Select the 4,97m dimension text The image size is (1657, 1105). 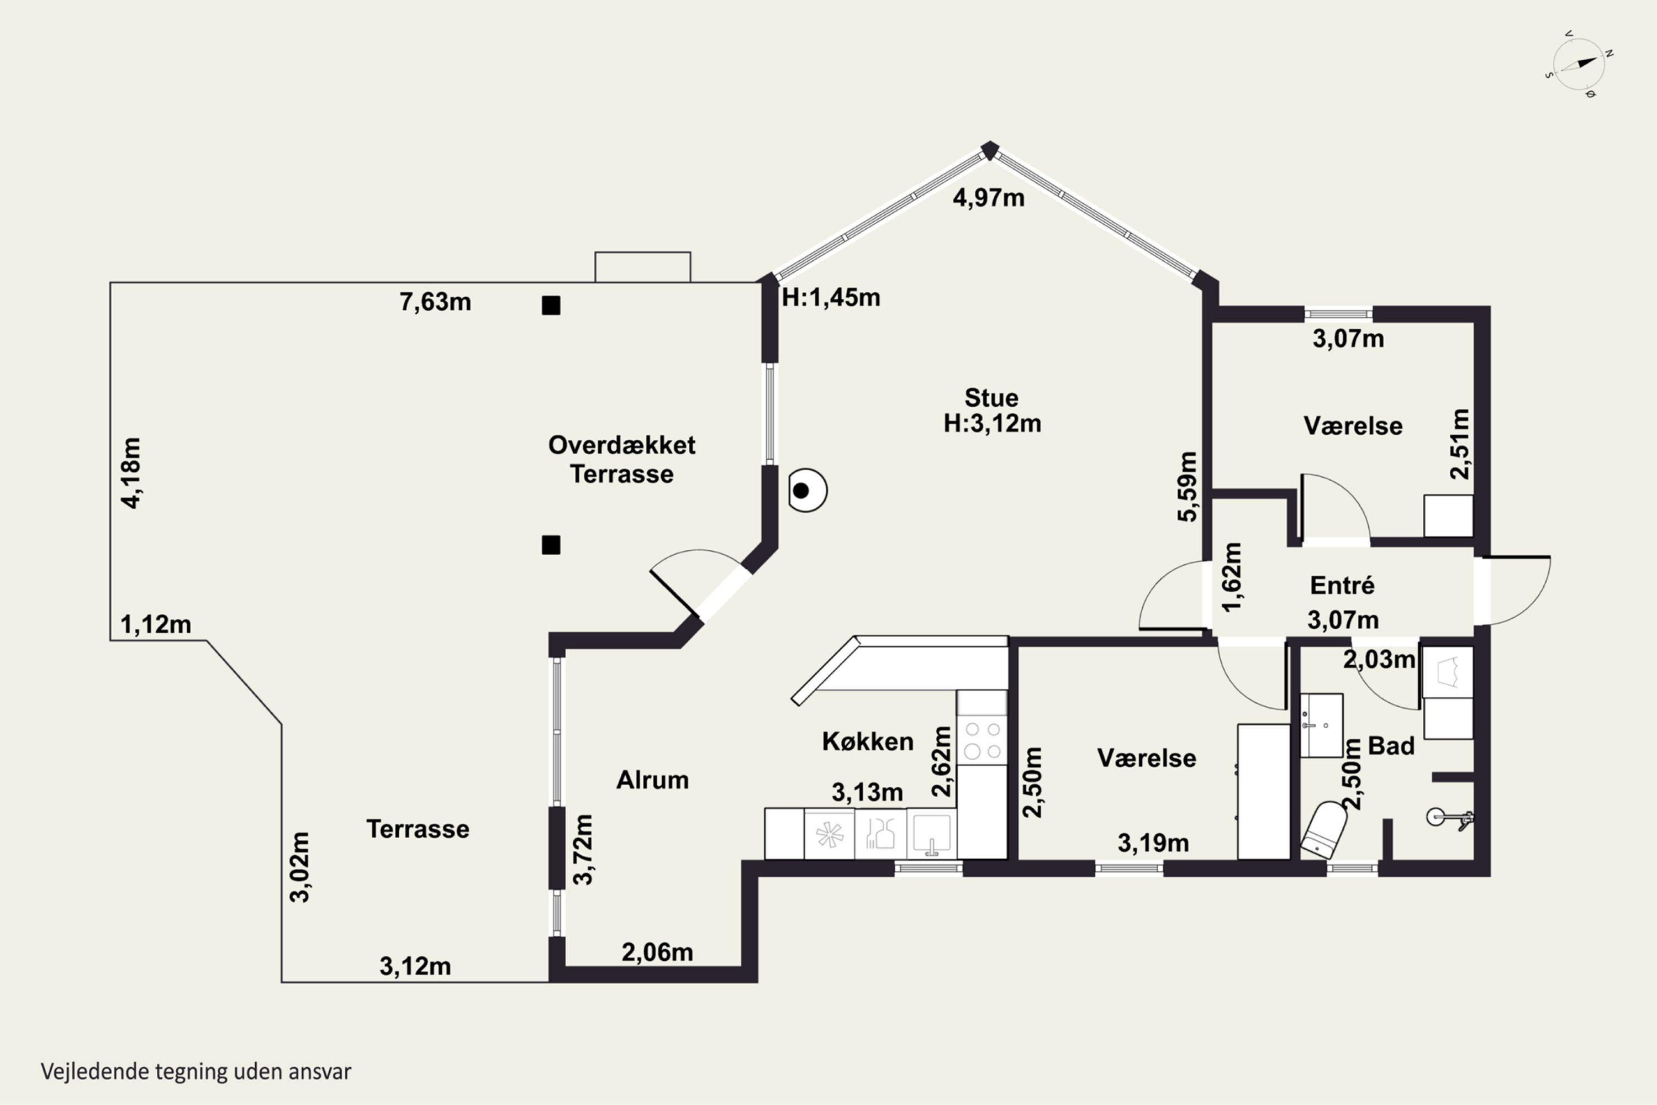click(989, 198)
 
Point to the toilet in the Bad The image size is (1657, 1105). click(1322, 829)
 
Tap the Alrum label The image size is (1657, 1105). click(652, 780)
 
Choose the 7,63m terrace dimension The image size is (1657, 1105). click(435, 302)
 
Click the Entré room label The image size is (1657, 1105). click(1342, 586)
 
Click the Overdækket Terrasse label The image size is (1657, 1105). click(622, 460)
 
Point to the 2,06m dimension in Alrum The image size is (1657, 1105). click(657, 953)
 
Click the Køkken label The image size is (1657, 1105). click(868, 741)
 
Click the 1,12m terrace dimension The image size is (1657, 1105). click(156, 624)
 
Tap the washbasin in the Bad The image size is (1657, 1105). click(1322, 725)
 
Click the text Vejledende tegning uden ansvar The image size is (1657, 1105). click(196, 1072)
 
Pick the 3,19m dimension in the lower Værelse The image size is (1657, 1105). click(1153, 843)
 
